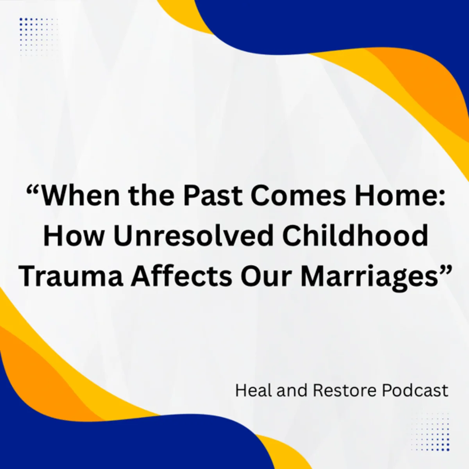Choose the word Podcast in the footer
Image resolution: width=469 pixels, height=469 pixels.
[x=415, y=391]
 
